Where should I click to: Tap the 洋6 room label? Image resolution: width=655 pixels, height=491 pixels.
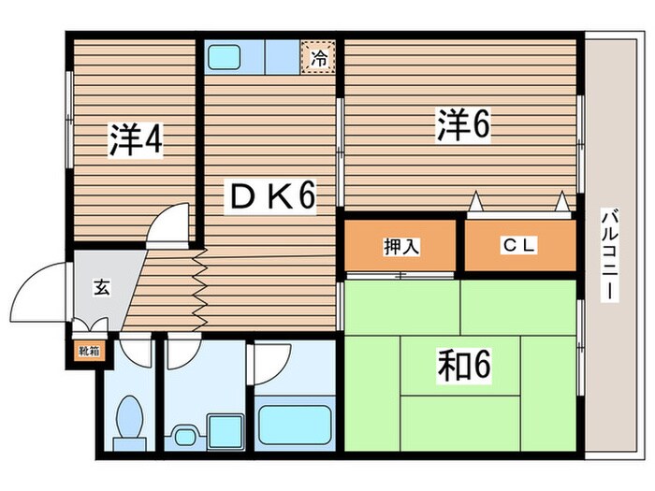click(x=462, y=125)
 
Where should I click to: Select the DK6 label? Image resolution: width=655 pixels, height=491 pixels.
click(x=269, y=197)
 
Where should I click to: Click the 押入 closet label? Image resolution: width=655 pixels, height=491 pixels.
click(x=400, y=246)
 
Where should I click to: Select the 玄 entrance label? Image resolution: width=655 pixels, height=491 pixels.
click(x=100, y=288)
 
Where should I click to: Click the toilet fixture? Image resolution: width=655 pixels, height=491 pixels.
click(x=130, y=417)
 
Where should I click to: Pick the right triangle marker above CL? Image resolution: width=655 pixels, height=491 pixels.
click(x=563, y=200)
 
